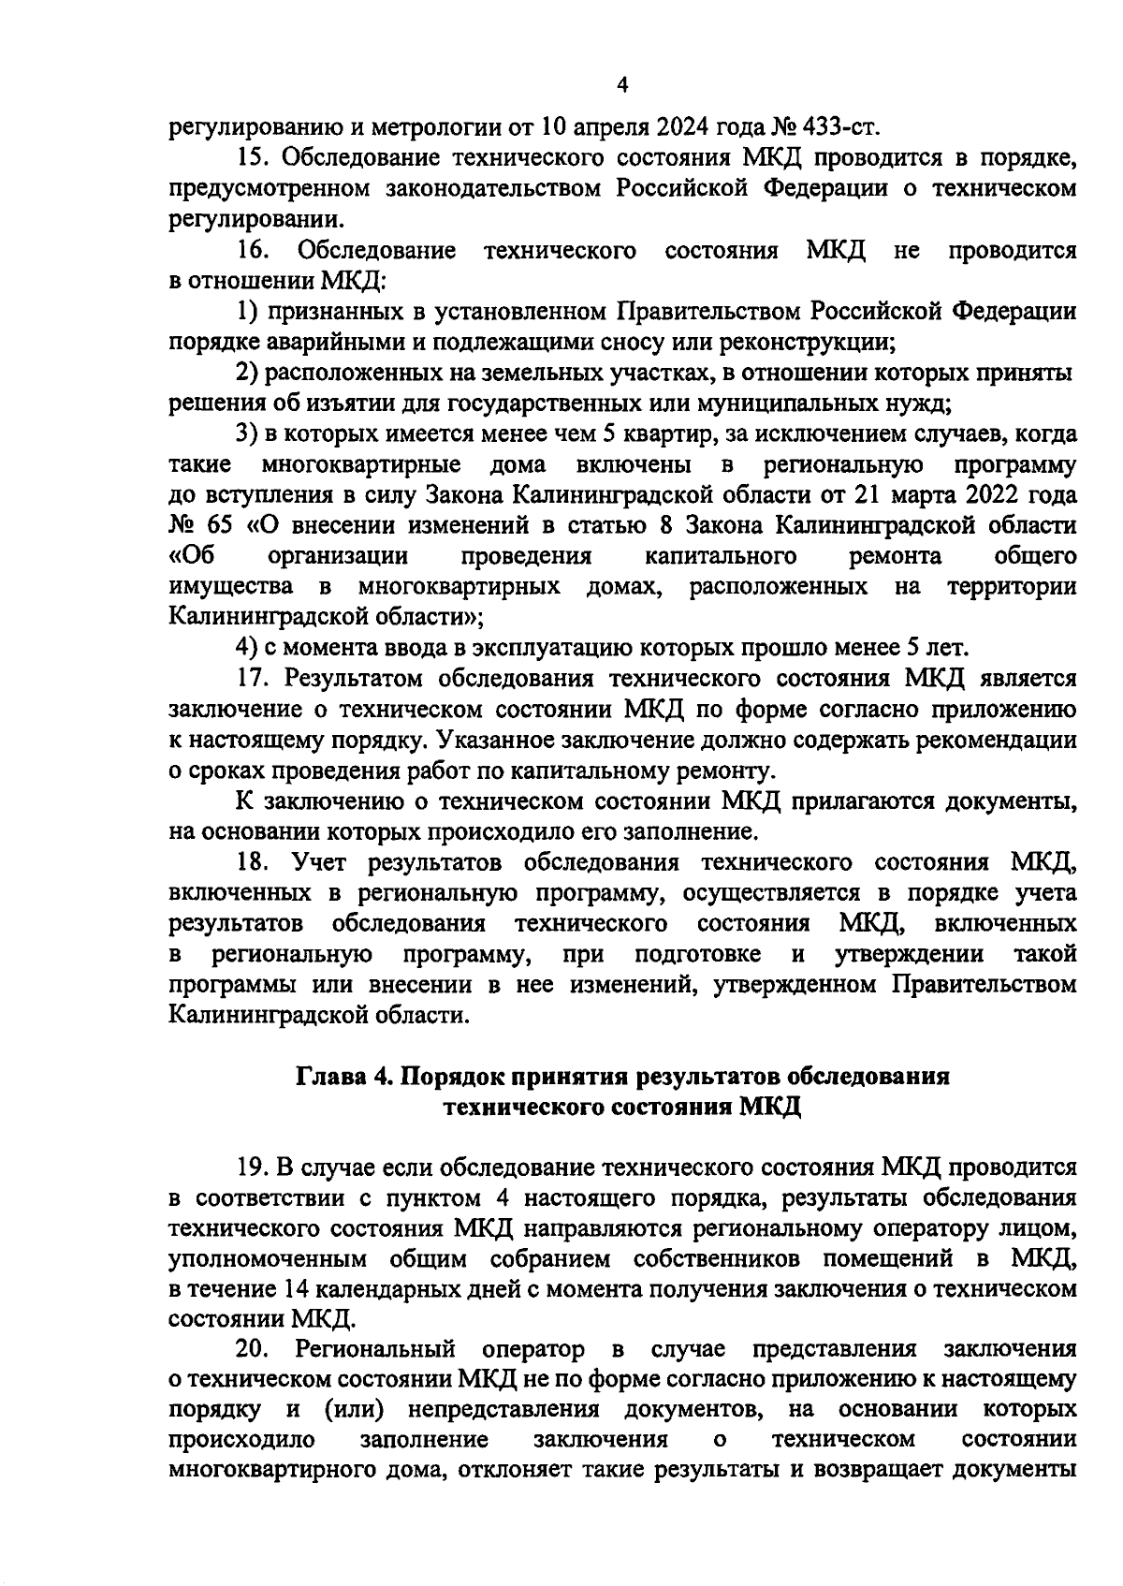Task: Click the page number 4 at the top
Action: click(623, 85)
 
